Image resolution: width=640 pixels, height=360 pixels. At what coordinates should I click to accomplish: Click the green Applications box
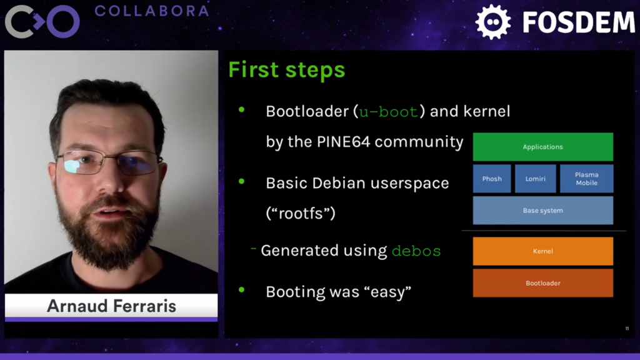(542, 147)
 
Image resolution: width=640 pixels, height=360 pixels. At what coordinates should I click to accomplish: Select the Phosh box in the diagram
(492, 179)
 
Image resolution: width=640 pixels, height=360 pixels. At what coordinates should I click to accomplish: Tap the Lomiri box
(535, 179)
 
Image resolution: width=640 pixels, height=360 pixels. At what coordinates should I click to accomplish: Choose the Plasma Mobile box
(586, 179)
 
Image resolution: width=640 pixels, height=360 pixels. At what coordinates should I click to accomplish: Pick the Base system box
(542, 211)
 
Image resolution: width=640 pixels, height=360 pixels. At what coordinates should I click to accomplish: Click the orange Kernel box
(542, 251)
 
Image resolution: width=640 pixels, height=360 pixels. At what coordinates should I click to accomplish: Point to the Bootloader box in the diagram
(542, 283)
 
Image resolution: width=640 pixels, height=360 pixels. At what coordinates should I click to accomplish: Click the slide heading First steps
(286, 69)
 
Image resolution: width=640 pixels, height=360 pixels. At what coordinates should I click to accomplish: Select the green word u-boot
(387, 112)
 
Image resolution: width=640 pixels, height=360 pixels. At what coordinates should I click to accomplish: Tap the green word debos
(416, 251)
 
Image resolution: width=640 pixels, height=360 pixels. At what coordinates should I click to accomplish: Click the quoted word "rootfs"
(301, 213)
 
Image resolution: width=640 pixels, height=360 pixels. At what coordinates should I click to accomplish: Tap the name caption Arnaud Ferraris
(111, 306)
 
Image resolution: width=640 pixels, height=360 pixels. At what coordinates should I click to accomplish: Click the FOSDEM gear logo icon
(493, 22)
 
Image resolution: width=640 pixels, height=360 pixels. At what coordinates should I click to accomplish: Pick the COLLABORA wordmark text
(151, 11)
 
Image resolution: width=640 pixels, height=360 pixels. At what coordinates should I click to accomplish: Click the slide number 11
(627, 329)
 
